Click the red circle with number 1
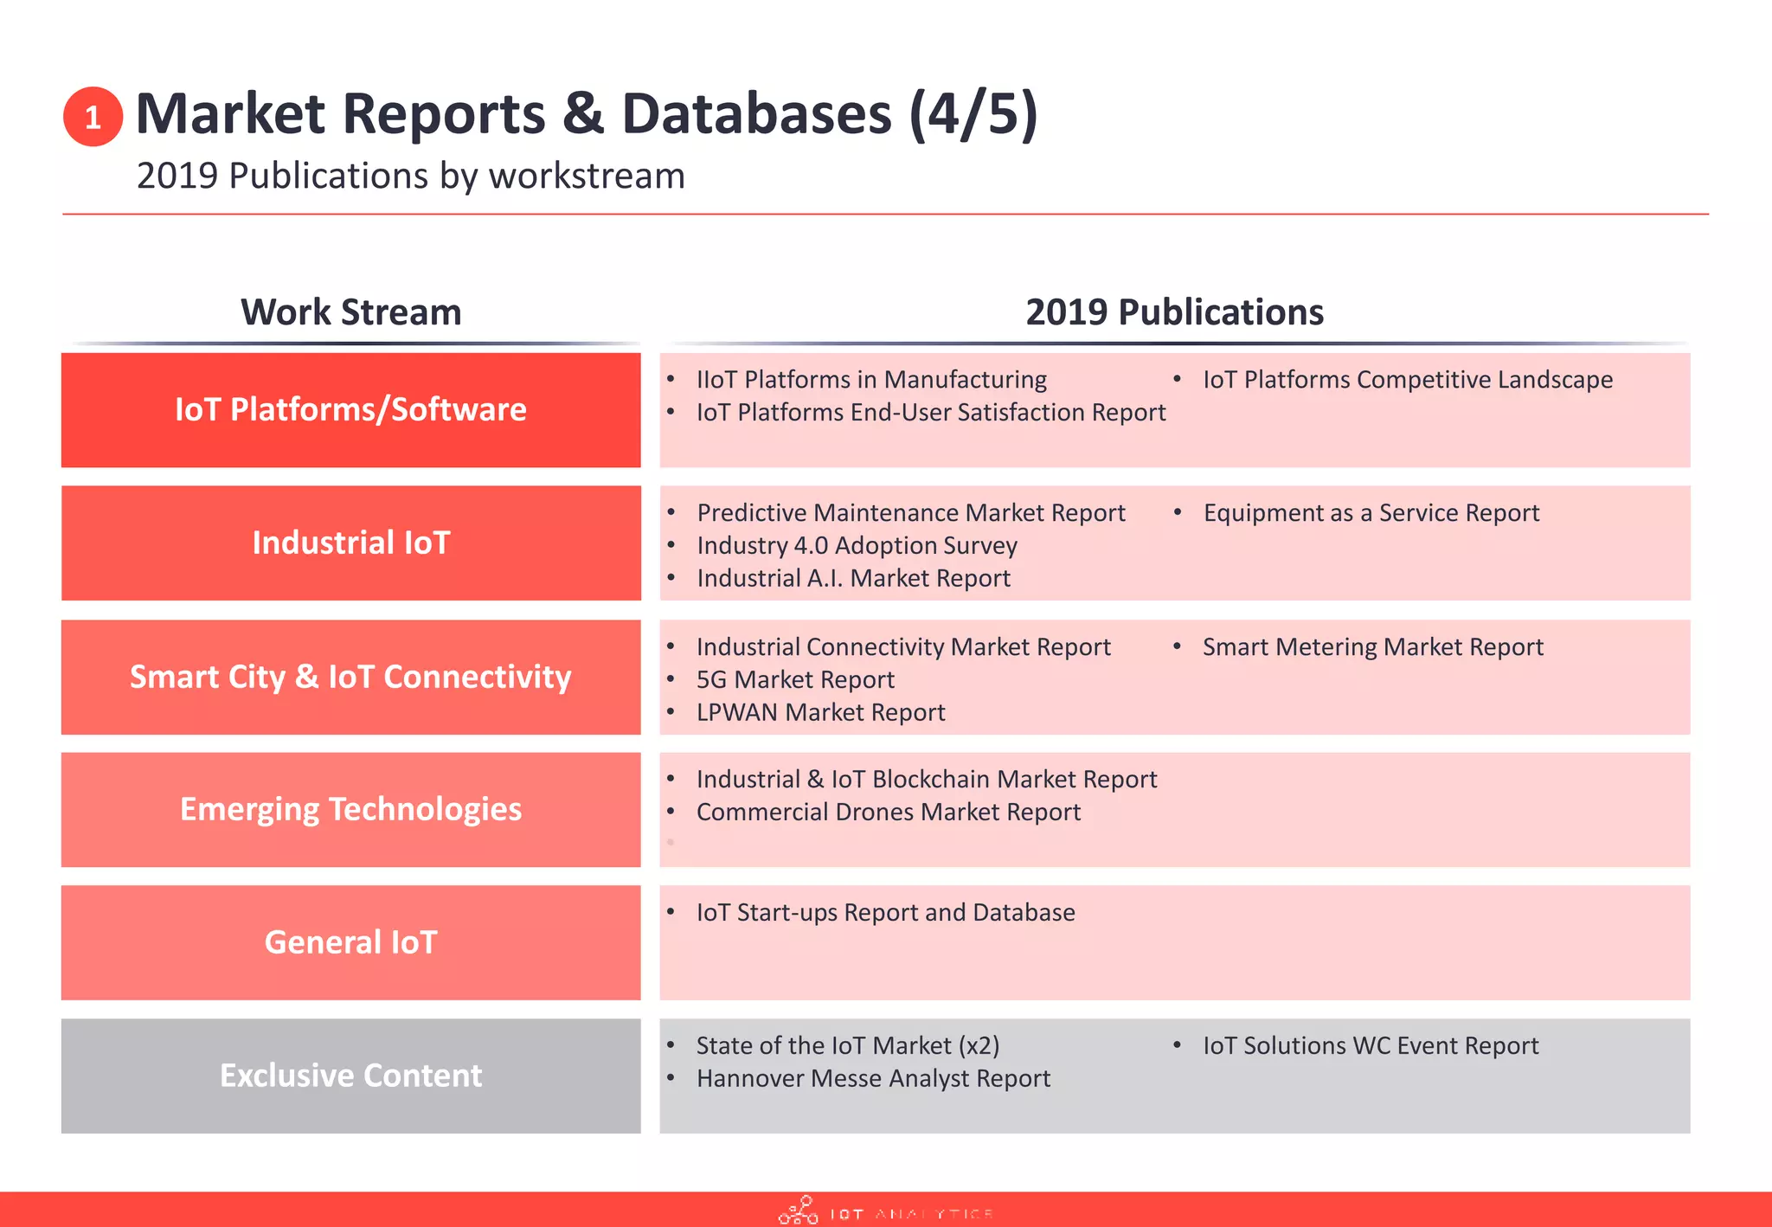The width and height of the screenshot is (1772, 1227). coord(93,117)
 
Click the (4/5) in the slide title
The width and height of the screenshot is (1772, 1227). coord(973,114)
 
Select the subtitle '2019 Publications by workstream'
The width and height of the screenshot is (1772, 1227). coord(410,176)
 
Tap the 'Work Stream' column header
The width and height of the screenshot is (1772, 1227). coord(350,312)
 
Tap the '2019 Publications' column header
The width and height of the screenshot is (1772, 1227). coord(1174,312)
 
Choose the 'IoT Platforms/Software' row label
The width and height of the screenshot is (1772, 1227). coord(350,409)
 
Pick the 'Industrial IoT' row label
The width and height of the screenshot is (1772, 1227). coord(350,543)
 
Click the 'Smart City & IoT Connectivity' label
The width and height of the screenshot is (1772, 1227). coord(350,677)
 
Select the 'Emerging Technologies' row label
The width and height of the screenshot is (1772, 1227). coord(350,809)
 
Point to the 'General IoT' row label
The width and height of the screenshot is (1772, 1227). coord(350,942)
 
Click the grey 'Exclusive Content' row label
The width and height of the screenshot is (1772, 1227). coord(350,1076)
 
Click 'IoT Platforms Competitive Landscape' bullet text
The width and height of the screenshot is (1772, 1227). coord(1407,380)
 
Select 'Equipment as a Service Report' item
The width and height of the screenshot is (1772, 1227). coord(1371,513)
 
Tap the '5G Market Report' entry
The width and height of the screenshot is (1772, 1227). coord(794,680)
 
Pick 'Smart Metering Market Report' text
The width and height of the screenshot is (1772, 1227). coord(1372,647)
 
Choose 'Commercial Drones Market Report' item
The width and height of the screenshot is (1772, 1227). coord(888,813)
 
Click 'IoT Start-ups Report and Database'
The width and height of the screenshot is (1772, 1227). coord(885,913)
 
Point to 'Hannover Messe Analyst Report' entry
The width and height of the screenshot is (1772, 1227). coord(872,1079)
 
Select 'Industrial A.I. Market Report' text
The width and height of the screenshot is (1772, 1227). coord(853,579)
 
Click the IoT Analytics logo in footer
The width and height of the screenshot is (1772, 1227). coord(885,1211)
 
